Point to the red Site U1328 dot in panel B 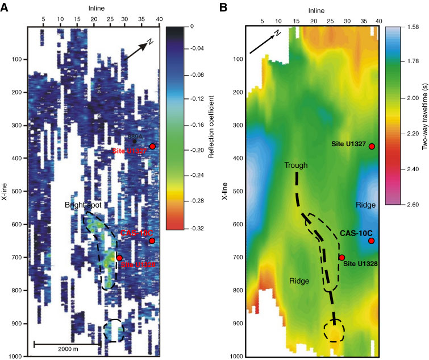(x=341, y=258)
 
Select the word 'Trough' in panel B (x=296, y=165)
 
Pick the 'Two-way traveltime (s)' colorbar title (x=424, y=117)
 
